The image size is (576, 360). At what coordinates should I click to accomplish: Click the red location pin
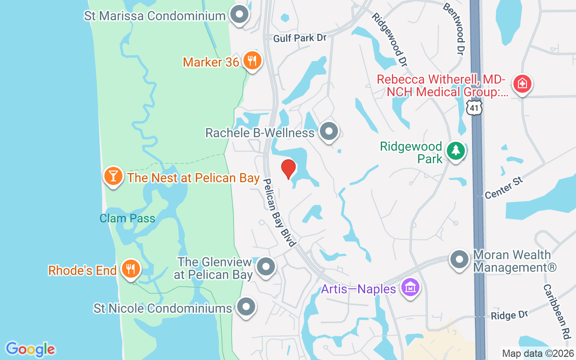tap(288, 169)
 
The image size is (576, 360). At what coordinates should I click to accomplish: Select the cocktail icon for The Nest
tap(113, 176)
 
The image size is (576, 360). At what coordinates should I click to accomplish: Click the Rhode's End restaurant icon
tap(131, 269)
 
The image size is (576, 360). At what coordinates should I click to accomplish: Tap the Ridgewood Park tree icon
tap(456, 150)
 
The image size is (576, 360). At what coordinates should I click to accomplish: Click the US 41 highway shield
tap(474, 107)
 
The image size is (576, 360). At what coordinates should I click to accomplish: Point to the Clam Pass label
tap(127, 219)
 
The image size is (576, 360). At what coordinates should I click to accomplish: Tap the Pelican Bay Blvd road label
tap(279, 212)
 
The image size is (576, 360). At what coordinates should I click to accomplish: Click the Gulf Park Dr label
tap(299, 38)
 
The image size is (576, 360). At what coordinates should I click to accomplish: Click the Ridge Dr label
tap(509, 315)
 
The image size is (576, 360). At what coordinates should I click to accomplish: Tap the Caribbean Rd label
tap(557, 311)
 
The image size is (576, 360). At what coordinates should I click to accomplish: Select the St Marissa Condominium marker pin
tap(239, 15)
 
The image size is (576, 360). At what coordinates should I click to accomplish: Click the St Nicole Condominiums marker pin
tap(246, 307)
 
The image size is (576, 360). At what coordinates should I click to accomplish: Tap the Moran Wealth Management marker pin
tap(459, 260)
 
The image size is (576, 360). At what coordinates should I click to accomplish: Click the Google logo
tap(31, 349)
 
